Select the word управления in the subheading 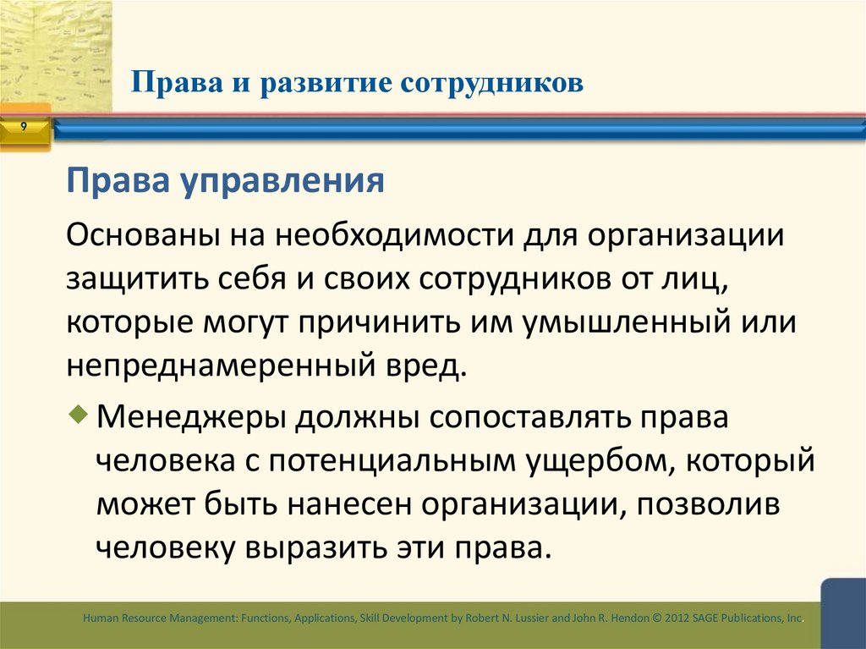point(285,180)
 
